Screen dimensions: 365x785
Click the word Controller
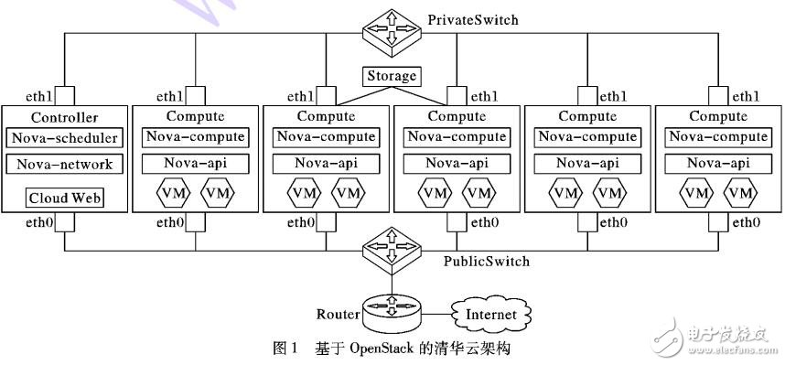click(64, 117)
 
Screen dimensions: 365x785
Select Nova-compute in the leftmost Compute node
click(195, 137)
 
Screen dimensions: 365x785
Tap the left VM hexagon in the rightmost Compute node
click(697, 194)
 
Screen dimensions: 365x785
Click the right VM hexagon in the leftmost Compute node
click(217, 194)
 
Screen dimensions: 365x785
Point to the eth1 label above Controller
click(39, 96)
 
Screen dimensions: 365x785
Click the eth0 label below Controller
click(39, 222)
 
